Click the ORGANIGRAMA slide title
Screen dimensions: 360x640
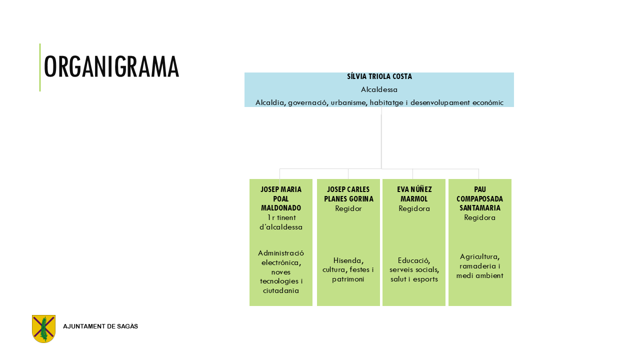tap(111, 66)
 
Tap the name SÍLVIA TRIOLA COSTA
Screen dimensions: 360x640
tap(379, 76)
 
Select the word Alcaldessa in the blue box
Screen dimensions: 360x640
tap(379, 89)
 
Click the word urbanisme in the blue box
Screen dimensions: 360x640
tap(349, 102)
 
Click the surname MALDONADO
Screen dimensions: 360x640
tap(281, 208)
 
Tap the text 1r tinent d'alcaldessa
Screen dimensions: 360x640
tap(281, 222)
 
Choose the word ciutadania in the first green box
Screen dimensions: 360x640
tap(281, 290)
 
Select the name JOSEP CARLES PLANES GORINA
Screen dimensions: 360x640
tap(348, 194)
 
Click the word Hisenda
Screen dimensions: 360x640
tap(348, 260)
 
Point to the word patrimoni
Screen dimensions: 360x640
tap(348, 279)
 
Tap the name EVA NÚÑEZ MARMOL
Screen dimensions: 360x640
tap(414, 194)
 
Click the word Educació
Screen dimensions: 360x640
tap(414, 260)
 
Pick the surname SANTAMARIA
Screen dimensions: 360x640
tap(480, 208)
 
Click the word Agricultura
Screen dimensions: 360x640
tap(480, 256)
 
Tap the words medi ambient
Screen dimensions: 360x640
tap(480, 275)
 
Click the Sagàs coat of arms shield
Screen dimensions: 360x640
tap(43, 328)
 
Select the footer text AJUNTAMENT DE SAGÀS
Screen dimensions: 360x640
tap(100, 326)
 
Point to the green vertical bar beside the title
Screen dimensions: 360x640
tap(40, 67)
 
